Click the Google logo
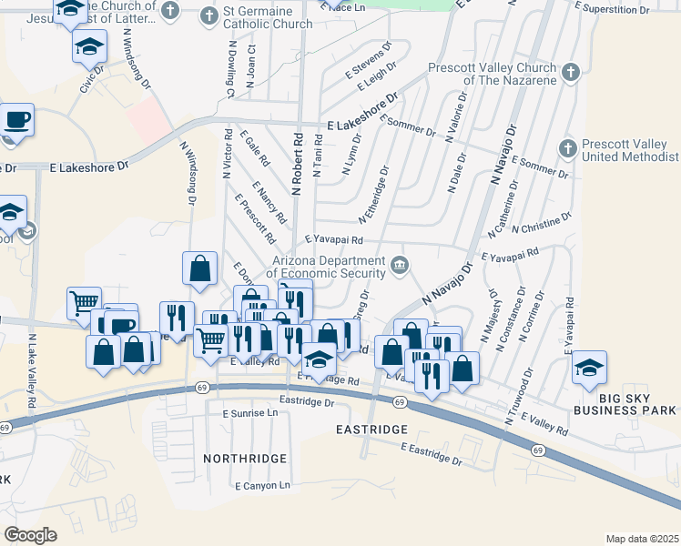point(31,535)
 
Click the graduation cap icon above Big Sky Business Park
point(589,367)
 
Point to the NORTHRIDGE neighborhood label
point(245,458)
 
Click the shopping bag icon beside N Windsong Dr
point(199,268)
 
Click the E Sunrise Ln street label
point(250,412)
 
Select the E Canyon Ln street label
point(262,486)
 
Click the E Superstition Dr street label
point(613,9)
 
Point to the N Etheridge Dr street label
point(374,194)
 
